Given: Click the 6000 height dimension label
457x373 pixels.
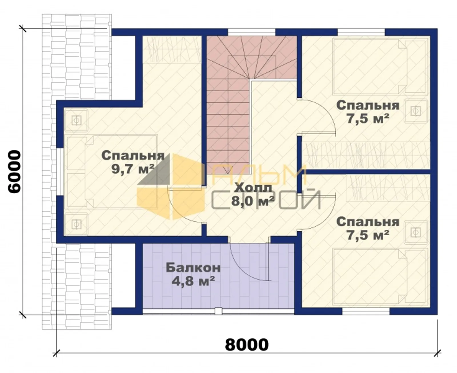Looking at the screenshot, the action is [x=15, y=172].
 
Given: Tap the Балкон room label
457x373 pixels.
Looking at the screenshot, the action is [x=193, y=268].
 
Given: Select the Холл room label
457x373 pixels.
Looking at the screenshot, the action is [x=253, y=189].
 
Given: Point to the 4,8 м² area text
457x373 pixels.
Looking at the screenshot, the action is [x=193, y=281].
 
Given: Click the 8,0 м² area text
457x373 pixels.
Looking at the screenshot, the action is [x=253, y=202].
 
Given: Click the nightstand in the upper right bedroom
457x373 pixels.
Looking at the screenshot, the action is [x=416, y=111].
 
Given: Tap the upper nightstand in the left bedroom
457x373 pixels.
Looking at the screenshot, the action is [x=76, y=120].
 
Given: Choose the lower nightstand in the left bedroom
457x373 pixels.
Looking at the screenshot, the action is [x=76, y=224].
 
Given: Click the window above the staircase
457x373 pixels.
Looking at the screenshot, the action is [x=251, y=32].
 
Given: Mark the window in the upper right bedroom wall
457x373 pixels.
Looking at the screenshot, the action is [x=361, y=32].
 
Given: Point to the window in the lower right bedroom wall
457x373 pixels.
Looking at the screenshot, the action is [x=366, y=312].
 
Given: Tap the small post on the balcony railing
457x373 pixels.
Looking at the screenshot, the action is [x=219, y=311].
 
